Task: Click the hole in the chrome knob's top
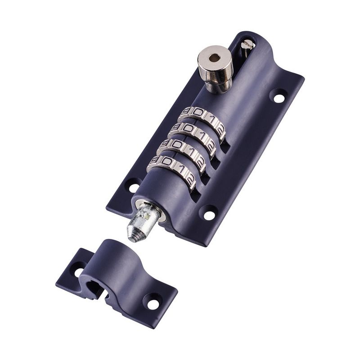[x=214, y=58]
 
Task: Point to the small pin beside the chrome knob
[x=246, y=45]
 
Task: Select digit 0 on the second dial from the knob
[x=188, y=129]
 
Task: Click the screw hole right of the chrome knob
[x=279, y=96]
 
